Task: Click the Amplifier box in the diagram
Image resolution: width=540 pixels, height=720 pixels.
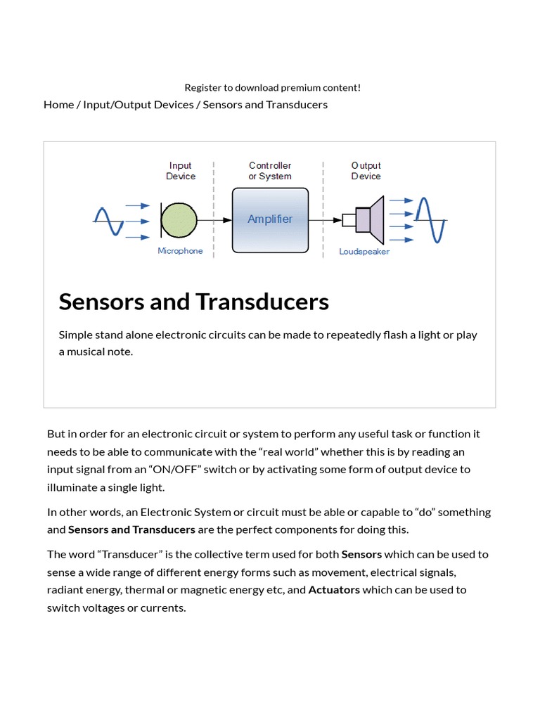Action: [x=270, y=219]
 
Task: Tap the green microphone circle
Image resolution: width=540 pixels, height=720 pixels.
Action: [x=179, y=219]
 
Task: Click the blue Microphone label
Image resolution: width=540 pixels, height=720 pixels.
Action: [x=180, y=251]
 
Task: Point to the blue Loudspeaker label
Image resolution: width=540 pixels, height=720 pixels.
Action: [x=364, y=252]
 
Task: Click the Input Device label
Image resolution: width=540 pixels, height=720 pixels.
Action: [x=181, y=171]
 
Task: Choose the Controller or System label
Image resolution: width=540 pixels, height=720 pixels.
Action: [x=270, y=171]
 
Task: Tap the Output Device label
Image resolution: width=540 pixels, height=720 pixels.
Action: [x=366, y=171]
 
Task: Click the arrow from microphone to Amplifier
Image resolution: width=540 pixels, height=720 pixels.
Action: [x=214, y=219]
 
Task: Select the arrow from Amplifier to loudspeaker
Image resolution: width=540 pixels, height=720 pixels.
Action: [x=325, y=219]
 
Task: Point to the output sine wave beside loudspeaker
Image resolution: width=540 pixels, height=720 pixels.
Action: [x=430, y=219]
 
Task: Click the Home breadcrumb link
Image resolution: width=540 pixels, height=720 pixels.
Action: [x=58, y=105]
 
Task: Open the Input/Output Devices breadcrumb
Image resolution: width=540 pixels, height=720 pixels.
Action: [x=139, y=105]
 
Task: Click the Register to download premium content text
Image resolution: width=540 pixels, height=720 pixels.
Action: [x=273, y=88]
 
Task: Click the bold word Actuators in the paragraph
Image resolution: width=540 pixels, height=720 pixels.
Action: [x=334, y=590]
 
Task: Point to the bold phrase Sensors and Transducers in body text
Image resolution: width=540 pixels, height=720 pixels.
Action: [x=131, y=529]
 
